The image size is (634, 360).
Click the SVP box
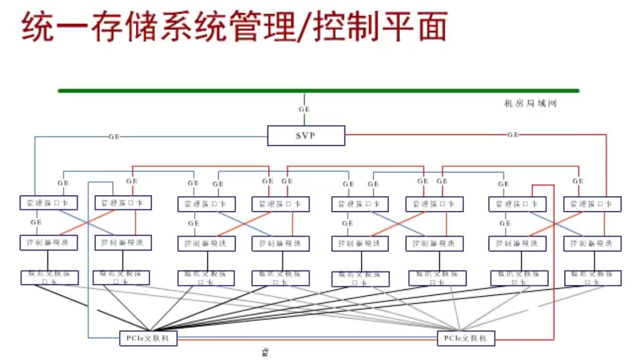coord(306,135)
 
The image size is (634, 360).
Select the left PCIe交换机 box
coord(149,338)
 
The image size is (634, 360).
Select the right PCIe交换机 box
coord(466,338)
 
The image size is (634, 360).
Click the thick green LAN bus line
coord(317,91)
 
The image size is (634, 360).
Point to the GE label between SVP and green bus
coord(304,109)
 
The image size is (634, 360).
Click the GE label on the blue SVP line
coord(114,136)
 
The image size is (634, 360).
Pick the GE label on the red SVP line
coord(513,134)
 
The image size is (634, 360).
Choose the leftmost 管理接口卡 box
coord(49,203)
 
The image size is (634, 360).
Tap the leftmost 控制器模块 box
coord(49,243)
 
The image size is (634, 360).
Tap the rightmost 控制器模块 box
coord(592,244)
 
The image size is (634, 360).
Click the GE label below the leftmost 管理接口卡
coord(36,222)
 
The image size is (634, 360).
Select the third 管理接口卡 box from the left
coord(206,204)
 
